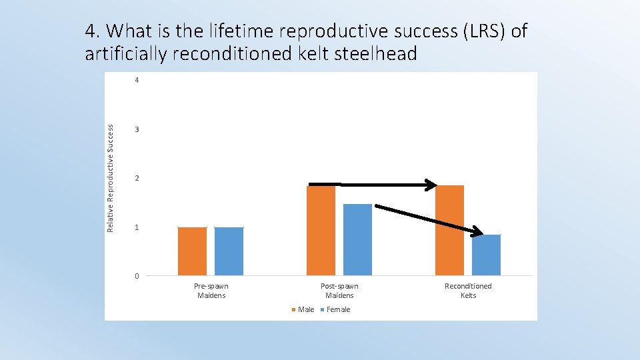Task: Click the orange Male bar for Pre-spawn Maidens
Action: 192,251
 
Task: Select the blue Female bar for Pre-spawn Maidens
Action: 229,251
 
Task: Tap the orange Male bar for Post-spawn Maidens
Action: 321,231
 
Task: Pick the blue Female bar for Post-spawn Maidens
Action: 357,239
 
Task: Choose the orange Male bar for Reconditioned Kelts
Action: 449,231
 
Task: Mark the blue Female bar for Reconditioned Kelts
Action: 486,255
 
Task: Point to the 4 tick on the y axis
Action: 137,81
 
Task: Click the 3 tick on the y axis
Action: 137,129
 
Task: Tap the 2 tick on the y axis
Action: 137,179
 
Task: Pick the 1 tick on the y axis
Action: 137,228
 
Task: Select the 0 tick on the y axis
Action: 137,276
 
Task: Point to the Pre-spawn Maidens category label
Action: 211,291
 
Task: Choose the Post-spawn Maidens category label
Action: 339,291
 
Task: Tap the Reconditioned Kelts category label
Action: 468,291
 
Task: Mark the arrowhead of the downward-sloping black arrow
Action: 476,233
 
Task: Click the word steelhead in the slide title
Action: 363,53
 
